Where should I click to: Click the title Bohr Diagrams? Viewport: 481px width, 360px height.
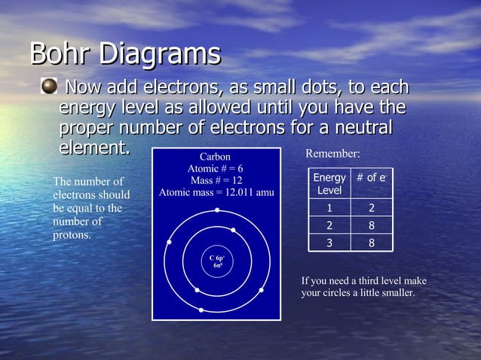tap(125, 54)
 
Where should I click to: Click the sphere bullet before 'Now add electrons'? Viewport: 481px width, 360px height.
tap(49, 88)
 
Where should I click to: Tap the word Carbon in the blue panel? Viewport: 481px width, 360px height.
tap(215, 157)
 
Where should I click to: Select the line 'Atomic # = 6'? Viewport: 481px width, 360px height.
tap(215, 169)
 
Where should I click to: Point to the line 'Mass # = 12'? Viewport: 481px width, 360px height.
tap(216, 181)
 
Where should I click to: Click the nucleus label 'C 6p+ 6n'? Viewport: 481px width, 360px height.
tap(217, 261)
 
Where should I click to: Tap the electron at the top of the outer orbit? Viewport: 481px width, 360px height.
tap(217, 210)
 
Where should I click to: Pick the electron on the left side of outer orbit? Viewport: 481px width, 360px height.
tap(169, 243)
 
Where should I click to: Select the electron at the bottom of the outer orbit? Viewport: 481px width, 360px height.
tap(201, 310)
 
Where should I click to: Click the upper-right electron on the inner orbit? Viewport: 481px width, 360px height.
tap(234, 230)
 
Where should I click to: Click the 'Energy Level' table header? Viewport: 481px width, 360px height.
tap(329, 184)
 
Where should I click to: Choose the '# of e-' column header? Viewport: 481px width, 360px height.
tap(372, 178)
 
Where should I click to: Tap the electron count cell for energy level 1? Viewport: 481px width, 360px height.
tap(372, 208)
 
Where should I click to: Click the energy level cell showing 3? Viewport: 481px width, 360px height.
tap(329, 243)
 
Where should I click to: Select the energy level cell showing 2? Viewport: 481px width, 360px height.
tap(329, 225)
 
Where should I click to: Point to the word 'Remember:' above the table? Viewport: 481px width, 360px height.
tap(332, 154)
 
